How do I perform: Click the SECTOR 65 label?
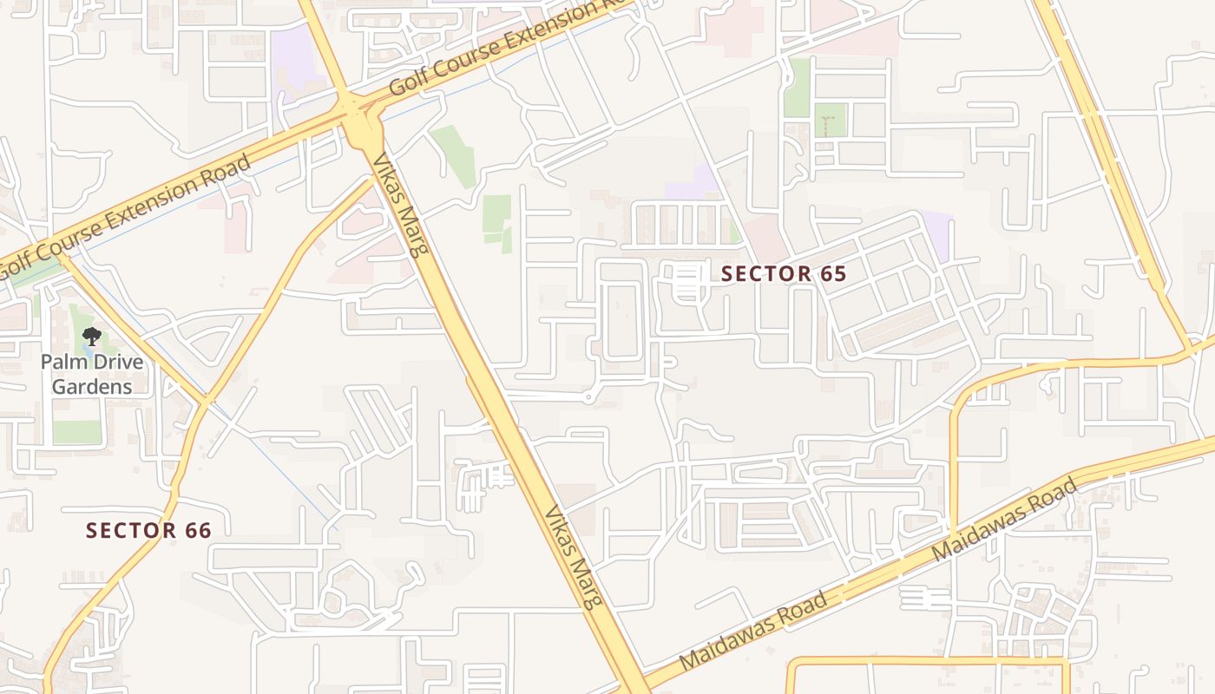coord(784,273)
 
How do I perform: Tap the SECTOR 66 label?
coord(148,530)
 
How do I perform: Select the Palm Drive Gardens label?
coord(92,374)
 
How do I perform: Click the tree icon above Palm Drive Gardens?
coord(91,337)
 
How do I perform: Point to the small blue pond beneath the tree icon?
coord(87,348)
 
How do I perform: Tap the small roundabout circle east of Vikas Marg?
coord(588,397)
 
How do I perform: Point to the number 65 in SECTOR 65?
coord(832,273)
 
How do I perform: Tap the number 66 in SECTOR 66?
coord(198,530)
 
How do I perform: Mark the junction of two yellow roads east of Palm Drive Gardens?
coord(207,400)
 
